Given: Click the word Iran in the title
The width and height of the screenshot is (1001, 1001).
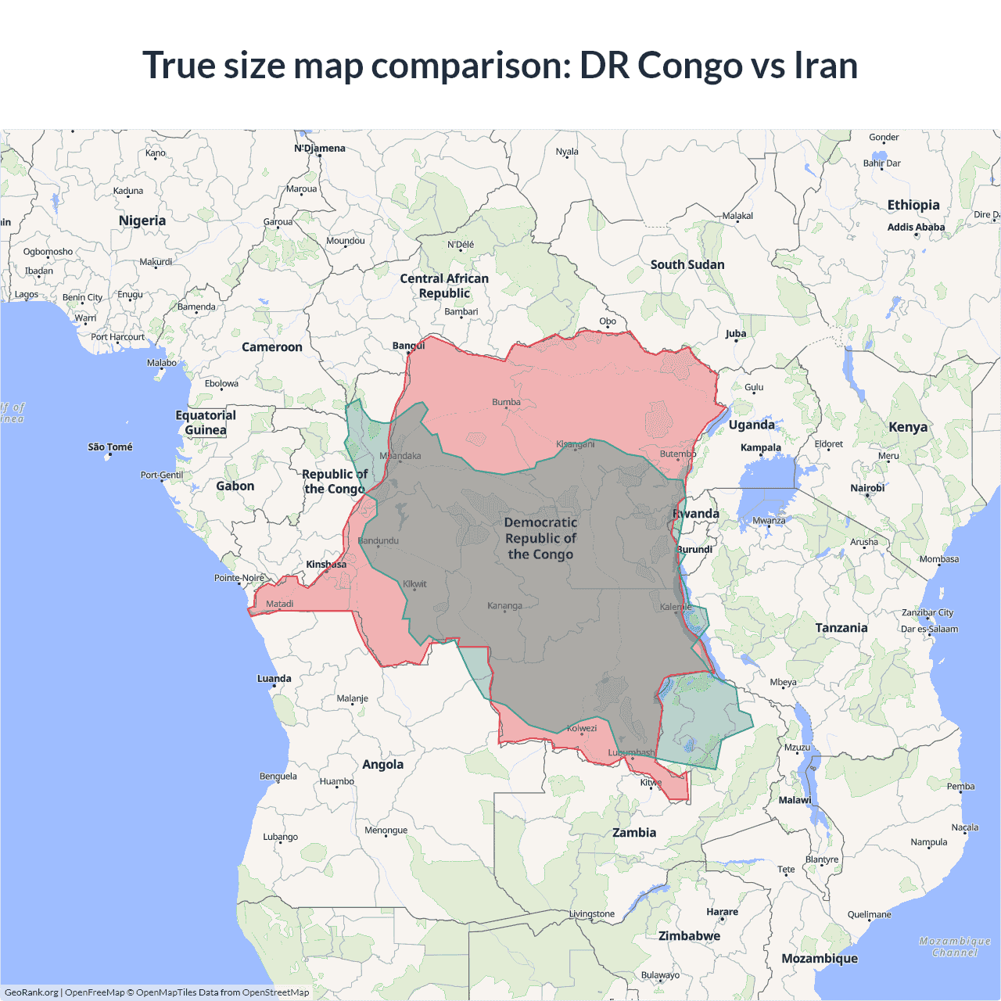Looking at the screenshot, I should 826,65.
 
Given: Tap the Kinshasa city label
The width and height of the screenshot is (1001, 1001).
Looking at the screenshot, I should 326,565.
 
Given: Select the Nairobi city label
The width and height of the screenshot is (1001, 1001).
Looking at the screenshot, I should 867,488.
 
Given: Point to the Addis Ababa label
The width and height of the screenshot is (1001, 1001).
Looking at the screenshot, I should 916,227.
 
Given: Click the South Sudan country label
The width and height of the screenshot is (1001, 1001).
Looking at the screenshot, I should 687,264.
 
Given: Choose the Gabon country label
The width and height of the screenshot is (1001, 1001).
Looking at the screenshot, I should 235,486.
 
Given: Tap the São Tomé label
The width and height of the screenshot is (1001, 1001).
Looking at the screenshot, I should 110,447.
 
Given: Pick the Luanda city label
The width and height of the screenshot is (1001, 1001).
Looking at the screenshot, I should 274,679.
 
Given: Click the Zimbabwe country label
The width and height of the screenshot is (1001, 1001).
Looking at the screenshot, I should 689,935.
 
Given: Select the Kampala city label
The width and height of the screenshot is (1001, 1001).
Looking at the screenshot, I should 761,448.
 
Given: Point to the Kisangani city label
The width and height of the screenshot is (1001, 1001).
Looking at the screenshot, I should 576,444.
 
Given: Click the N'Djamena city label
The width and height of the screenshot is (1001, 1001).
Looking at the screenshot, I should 319,148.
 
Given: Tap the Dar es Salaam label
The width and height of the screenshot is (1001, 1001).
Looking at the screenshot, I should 929,629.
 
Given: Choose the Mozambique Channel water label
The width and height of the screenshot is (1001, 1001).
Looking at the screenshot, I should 955,946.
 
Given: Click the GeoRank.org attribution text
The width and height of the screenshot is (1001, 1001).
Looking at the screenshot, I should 31,992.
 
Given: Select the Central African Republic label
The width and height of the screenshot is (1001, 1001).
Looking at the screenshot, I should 444,285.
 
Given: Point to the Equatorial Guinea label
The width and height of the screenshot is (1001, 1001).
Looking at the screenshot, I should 206,422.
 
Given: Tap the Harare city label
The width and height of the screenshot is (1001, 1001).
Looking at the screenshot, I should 722,912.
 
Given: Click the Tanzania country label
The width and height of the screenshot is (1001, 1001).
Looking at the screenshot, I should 841,627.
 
